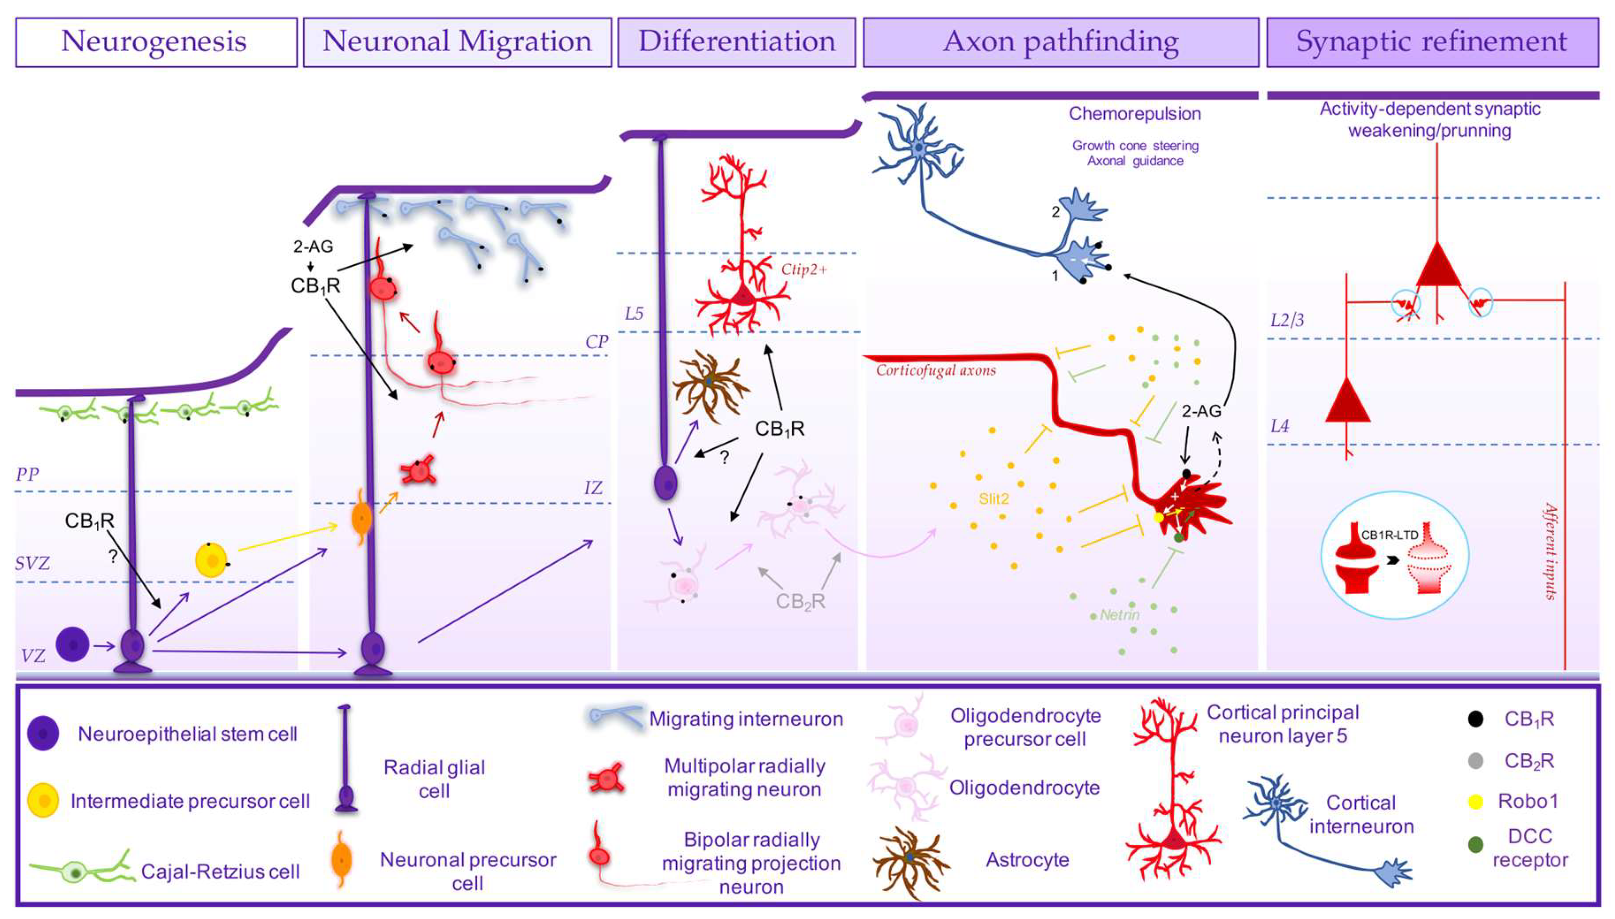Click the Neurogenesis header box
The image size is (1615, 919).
coord(156,42)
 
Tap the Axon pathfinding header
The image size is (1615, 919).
coord(1060,42)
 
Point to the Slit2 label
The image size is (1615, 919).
coord(993,499)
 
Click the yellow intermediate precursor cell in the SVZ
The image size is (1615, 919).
coord(212,560)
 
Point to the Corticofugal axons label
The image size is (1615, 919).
coord(935,370)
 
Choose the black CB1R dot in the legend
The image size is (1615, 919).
coord(1475,719)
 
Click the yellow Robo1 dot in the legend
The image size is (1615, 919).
coord(1475,801)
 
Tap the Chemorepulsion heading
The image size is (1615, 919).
coord(1134,114)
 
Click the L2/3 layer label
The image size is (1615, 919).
coord(1287,321)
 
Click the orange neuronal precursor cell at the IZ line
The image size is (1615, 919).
coord(360,519)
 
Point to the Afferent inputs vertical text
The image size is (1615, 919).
coord(1549,550)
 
